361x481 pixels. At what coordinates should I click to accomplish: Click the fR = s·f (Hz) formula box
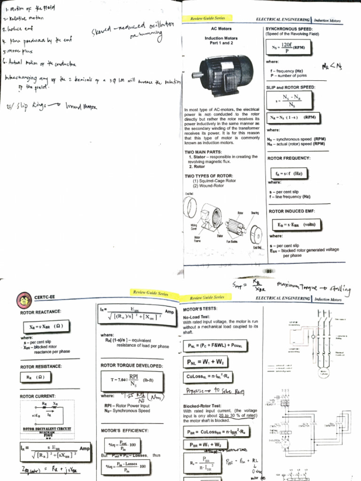point(289,173)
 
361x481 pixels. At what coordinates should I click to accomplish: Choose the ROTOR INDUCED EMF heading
point(291,211)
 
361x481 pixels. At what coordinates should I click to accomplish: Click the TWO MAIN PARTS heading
point(205,152)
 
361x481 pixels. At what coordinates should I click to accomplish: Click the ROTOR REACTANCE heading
point(40,312)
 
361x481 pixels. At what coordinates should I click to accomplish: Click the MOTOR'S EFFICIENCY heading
point(125,430)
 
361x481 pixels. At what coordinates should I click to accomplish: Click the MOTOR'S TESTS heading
point(200,310)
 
